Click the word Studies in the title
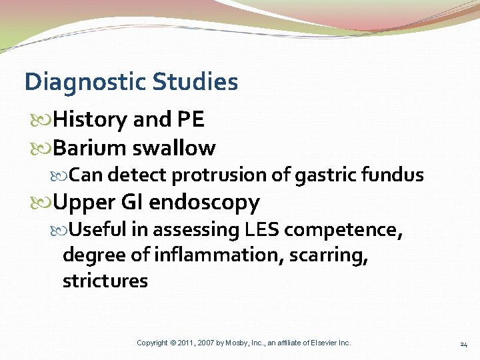195,82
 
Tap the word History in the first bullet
90,119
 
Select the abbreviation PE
190,119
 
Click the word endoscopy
204,202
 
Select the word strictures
105,281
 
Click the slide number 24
463,343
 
